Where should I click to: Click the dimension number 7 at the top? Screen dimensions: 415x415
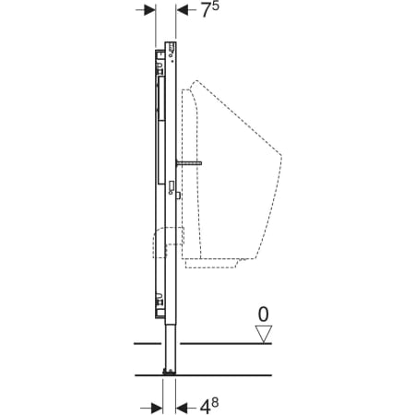pyautogui.click(x=206, y=11)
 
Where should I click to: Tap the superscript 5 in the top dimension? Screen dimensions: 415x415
pyautogui.click(x=216, y=6)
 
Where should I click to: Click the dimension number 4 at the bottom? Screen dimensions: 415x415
pyautogui.click(x=205, y=408)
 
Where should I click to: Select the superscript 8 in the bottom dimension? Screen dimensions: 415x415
pyautogui.click(x=215, y=402)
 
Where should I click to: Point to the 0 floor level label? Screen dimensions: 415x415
pyautogui.click(x=263, y=314)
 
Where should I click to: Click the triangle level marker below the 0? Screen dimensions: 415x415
pyautogui.click(x=264, y=334)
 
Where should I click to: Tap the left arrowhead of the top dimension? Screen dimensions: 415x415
pyautogui.click(x=149, y=10)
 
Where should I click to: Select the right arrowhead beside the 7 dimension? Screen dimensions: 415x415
pyautogui.click(x=182, y=10)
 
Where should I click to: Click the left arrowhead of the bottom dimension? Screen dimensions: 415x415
pyautogui.click(x=157, y=409)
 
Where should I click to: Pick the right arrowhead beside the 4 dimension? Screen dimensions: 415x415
pyautogui.click(x=181, y=409)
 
